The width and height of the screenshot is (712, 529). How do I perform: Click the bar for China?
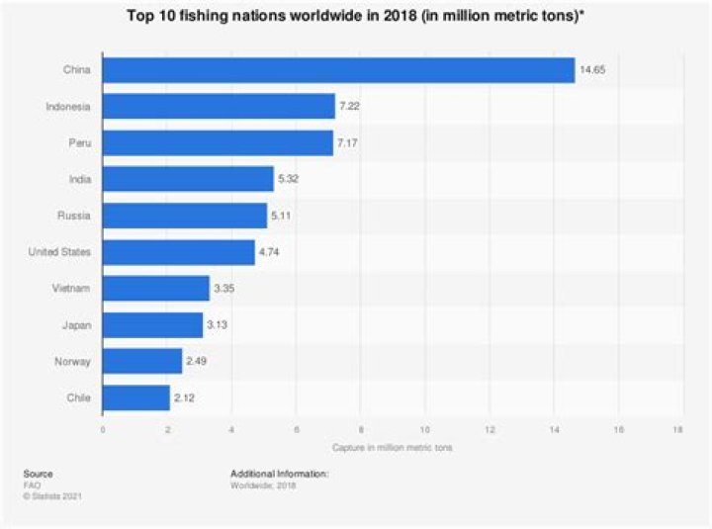point(339,70)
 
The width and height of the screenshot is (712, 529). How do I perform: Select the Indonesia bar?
point(219,106)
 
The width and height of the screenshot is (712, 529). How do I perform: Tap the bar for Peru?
point(218,143)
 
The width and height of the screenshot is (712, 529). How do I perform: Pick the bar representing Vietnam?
point(156,289)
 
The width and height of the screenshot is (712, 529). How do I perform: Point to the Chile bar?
point(136,397)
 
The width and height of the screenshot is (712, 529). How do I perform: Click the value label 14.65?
point(592,70)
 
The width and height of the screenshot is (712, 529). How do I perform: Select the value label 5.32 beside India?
point(289,179)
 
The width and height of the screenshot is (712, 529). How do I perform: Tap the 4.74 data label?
point(269,252)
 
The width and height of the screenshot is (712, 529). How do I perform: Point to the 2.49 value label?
point(196,362)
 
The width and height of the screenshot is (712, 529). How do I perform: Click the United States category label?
point(59,252)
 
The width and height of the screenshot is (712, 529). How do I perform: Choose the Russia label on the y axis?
point(74,216)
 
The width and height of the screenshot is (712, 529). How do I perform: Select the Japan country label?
point(77,325)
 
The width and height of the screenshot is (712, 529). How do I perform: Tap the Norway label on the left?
point(72,362)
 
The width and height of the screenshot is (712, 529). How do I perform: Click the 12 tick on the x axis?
point(489,429)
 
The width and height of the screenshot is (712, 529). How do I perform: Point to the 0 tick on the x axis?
point(103,429)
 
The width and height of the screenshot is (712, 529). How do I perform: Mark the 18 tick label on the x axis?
point(677,429)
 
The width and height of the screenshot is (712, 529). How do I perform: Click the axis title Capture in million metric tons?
point(393,448)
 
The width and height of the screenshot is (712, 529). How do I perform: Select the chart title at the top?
point(356,16)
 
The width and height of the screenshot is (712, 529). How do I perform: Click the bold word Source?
point(39,474)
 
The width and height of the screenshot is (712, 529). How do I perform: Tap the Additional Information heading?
point(279,474)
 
